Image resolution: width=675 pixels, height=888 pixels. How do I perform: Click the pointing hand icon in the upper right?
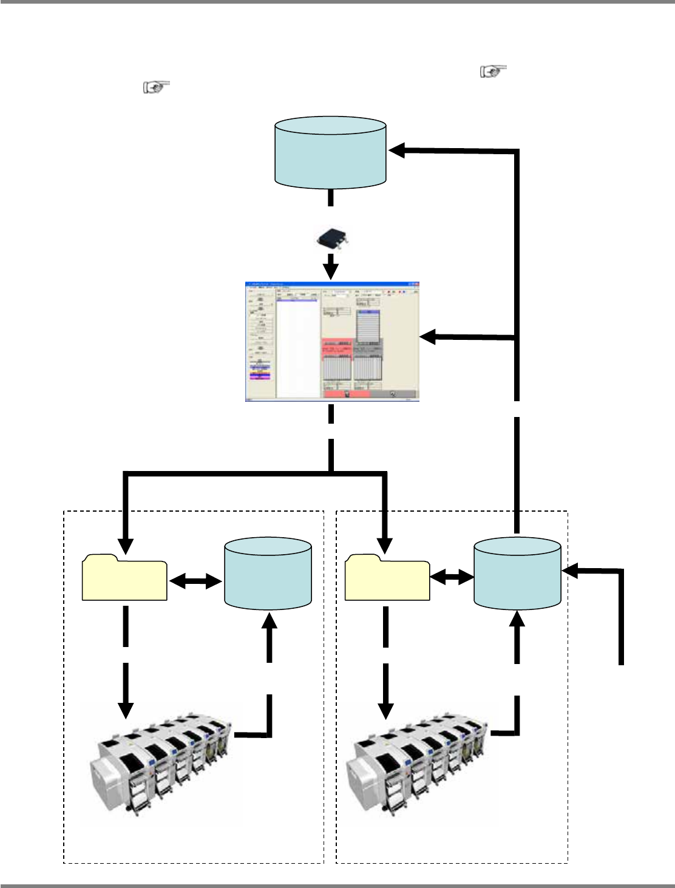click(x=493, y=72)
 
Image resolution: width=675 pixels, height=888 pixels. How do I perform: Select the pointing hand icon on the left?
click(x=156, y=87)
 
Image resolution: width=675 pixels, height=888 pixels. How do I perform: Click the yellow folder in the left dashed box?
click(x=124, y=578)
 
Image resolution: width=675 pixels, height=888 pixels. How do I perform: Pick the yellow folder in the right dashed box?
click(x=387, y=578)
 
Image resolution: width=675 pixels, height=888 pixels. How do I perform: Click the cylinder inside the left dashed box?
click(x=268, y=572)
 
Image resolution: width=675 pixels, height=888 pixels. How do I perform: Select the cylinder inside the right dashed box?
click(x=517, y=572)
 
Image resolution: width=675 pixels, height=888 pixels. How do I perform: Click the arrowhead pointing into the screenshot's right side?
click(x=429, y=337)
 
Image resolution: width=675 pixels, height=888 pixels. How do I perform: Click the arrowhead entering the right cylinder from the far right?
click(x=571, y=570)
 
